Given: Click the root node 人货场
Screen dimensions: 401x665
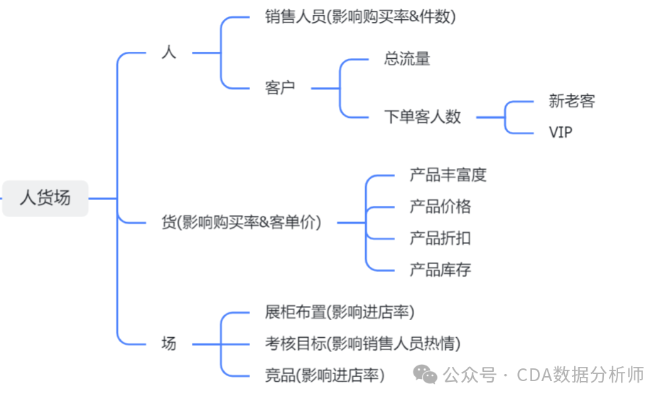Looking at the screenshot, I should pos(45,198).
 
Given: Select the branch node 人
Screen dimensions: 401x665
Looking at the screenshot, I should pos(168,53).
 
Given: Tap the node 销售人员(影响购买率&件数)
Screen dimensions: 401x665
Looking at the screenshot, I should pos(359,17).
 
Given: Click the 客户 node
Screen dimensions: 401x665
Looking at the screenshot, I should pos(279,88).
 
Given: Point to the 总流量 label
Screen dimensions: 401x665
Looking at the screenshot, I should pos(407,59).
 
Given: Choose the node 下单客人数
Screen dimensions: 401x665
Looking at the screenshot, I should pos(422,117).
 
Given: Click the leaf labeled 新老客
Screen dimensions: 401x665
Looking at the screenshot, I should pos(571,101).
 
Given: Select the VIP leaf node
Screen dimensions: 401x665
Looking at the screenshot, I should pos(560,132).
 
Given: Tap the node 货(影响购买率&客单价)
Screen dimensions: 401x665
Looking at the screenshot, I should pos(242,222).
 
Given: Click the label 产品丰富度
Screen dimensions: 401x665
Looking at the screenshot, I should pos(448,175).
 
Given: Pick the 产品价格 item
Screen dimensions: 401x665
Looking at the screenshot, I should pos(440,207).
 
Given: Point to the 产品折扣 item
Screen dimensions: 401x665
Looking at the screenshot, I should pos(440,238).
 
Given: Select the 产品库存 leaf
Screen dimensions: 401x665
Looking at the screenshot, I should pos(440,270).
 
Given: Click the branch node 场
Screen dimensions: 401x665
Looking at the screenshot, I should pos(168,344).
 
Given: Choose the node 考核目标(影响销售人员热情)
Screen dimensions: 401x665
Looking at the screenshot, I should pos(362,344).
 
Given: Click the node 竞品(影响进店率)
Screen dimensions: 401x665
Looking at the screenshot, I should pos(324,375).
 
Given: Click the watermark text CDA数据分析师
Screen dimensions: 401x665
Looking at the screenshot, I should pos(580,375).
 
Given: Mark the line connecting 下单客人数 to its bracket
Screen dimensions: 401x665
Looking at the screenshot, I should pos(490,117).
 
